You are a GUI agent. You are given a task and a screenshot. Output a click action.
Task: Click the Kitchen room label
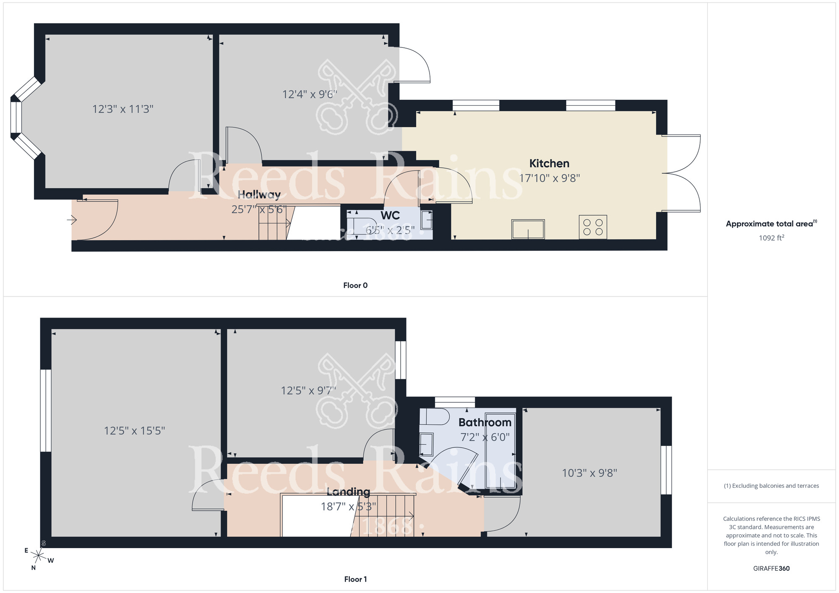[x=549, y=164]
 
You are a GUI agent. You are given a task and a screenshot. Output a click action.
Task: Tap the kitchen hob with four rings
[x=593, y=227]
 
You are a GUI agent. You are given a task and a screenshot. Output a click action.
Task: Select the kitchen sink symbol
[x=528, y=229]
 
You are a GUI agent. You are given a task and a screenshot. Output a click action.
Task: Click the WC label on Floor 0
[x=390, y=216]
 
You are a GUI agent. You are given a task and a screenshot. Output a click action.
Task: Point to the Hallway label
[x=259, y=195]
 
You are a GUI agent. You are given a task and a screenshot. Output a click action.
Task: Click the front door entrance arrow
[x=72, y=219]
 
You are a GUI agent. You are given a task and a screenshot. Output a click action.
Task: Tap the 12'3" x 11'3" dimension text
[x=123, y=109]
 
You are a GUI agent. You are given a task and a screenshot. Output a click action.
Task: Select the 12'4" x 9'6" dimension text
[x=310, y=94]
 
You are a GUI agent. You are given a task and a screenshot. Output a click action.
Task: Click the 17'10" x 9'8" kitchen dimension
[x=549, y=178]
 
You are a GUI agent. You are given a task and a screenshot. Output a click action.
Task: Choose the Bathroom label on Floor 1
[x=485, y=422]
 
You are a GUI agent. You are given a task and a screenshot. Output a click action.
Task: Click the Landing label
[x=348, y=492]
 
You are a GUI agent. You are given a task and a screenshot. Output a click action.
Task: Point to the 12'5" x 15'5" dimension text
[x=134, y=431]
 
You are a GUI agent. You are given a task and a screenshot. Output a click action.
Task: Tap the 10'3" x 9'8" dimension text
[x=589, y=473]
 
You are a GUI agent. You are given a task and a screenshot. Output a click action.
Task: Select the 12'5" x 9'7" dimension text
[x=308, y=391]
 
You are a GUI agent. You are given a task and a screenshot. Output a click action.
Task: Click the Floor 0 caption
[x=355, y=286]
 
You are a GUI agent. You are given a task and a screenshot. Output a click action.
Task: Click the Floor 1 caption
[x=355, y=579]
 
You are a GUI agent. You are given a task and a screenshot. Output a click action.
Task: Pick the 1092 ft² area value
[x=771, y=238]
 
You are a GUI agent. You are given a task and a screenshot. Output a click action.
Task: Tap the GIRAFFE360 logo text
[x=771, y=569]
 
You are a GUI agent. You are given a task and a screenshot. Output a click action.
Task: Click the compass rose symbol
[x=39, y=556]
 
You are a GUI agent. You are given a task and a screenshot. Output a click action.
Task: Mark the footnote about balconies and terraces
[x=771, y=486]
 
